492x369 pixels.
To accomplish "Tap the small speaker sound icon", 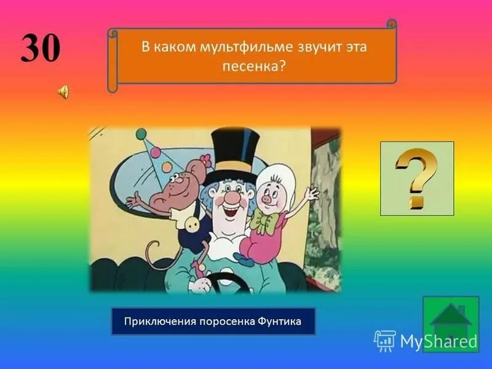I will click(63, 92).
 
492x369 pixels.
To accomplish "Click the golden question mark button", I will click(416, 178).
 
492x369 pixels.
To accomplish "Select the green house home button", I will click(450, 323).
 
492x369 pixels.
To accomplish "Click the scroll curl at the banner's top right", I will click(391, 25).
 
